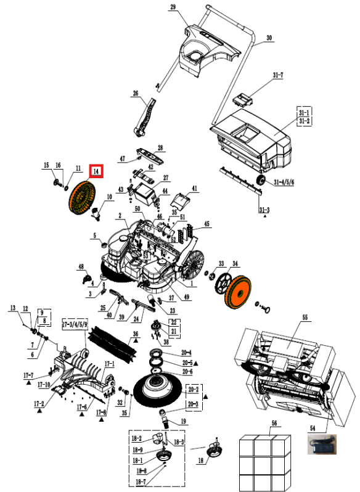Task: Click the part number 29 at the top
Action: (173, 7)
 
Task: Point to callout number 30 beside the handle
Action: (268, 38)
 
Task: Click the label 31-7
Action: (278, 76)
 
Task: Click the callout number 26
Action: (136, 94)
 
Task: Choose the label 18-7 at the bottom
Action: (141, 481)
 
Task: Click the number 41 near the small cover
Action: (194, 188)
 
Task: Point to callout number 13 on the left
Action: (12, 307)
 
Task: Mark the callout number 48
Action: (80, 266)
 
